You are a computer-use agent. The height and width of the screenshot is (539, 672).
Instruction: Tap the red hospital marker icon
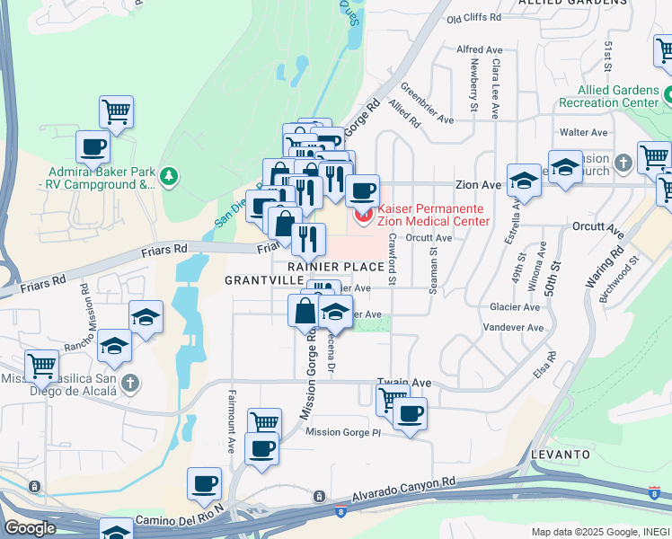click(363, 215)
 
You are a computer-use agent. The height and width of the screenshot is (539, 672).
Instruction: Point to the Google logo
click(30, 527)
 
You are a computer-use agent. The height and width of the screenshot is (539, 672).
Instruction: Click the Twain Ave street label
click(403, 383)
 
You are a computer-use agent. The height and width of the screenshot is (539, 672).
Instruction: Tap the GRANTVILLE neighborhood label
click(257, 280)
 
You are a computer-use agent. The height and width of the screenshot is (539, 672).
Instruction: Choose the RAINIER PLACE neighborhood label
click(336, 267)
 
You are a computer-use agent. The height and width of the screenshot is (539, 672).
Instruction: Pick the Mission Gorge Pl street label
click(343, 432)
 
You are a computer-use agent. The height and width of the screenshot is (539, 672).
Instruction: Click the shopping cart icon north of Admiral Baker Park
click(116, 112)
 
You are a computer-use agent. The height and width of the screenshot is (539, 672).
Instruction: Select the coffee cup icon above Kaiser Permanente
click(363, 190)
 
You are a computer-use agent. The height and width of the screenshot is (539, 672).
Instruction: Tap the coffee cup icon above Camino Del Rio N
click(205, 483)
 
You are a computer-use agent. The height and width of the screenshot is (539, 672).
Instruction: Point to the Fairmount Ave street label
click(232, 420)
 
